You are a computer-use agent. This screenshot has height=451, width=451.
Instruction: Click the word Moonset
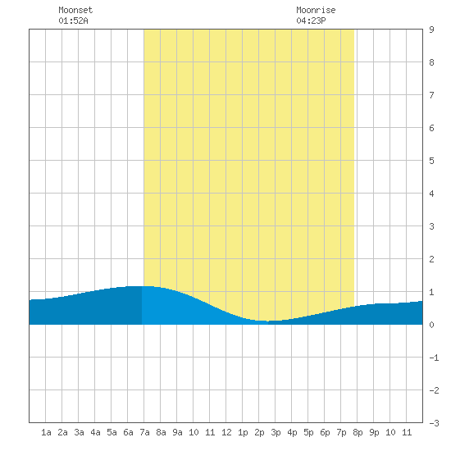point(75,10)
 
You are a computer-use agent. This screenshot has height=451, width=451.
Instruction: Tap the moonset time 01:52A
point(73,20)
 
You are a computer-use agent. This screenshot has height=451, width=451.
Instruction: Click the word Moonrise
point(316,10)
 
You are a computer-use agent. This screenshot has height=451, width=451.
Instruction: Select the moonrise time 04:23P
point(311,20)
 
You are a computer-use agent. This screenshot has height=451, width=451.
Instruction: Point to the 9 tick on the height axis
point(431,30)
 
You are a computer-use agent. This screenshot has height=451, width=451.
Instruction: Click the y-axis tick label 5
point(431,161)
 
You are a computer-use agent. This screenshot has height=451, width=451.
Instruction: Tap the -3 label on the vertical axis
point(434,423)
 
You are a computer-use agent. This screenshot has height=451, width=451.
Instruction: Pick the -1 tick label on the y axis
point(434,358)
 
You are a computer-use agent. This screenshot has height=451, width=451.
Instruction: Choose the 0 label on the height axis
point(431,325)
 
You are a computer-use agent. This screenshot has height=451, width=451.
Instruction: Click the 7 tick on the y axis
point(431,95)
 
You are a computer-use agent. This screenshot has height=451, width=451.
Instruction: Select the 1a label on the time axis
point(46,432)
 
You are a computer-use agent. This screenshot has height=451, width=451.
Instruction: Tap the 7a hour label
point(144,432)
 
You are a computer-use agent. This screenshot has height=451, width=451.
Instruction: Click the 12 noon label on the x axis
point(226,432)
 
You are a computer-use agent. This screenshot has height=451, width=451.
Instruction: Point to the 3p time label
point(276,432)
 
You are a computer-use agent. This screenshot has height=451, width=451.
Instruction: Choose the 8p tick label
point(358,432)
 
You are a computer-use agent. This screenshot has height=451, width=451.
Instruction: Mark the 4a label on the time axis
point(95,432)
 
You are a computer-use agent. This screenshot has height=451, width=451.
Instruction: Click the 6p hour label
point(325,432)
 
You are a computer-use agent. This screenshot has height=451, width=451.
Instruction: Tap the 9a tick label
point(177,432)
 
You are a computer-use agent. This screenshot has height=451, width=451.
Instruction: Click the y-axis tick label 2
point(431,259)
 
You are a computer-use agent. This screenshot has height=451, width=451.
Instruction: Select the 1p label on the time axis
point(243,432)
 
